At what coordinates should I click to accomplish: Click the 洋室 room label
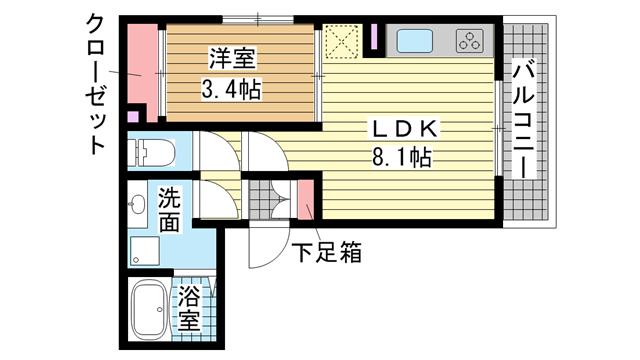pos(232,59)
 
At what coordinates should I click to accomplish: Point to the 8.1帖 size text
pos(402,157)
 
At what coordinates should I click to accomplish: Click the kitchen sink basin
pos(415,41)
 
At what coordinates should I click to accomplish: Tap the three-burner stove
pos(469,40)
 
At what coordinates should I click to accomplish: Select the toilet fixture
pos(151,153)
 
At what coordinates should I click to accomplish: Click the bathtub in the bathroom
pos(149,309)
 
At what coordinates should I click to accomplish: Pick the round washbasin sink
pos(137,203)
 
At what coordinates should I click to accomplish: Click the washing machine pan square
pos(144,251)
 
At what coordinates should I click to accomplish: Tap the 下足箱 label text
pos(328,251)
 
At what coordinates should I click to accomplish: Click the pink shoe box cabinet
pos(305,200)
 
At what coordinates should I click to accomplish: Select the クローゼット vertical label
pos(96,84)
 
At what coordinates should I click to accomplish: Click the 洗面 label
pos(169,210)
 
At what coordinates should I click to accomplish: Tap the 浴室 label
pos(189,308)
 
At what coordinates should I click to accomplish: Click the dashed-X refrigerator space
pos(342,41)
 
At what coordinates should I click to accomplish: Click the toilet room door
pos(216,152)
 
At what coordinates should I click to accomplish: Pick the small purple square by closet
pos(133,116)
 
